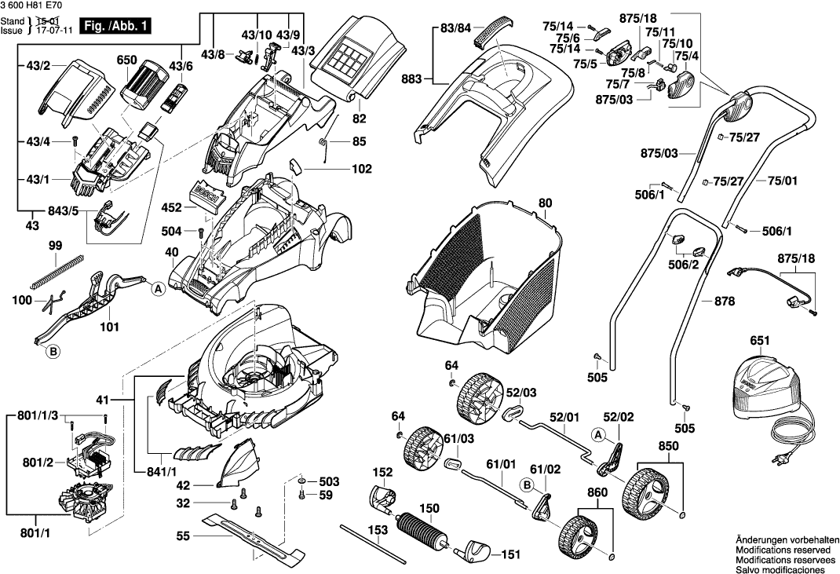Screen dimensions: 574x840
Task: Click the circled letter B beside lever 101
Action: coord(53,353)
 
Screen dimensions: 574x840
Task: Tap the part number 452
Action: coord(171,208)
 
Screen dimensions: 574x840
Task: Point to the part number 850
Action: coord(668,446)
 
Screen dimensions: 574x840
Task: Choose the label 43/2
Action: coord(38,64)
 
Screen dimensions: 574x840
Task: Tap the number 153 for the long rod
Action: coord(379,530)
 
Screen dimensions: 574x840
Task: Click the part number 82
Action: coord(360,119)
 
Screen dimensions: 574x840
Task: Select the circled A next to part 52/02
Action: coord(598,433)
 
